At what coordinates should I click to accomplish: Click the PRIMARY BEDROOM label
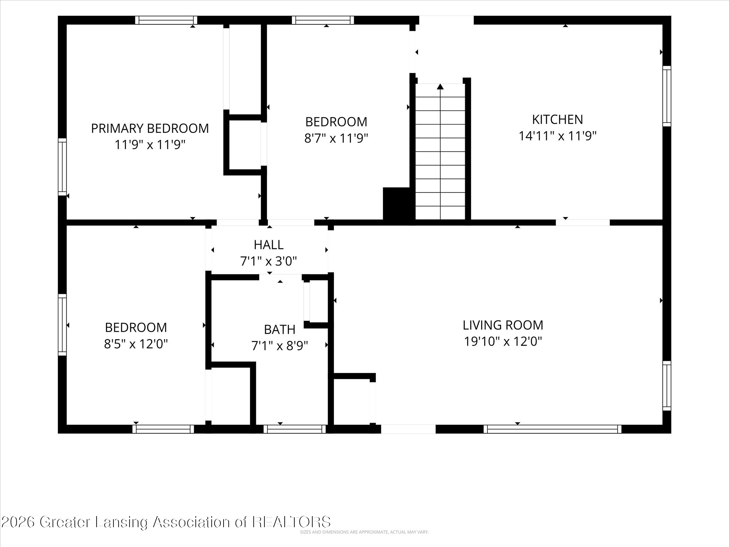tap(150, 128)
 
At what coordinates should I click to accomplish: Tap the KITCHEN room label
tap(558, 119)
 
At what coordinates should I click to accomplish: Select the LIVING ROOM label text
tap(503, 325)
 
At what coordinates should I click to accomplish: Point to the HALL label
tap(269, 245)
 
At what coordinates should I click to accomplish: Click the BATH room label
tap(280, 329)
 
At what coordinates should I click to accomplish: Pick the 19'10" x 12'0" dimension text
tap(503, 342)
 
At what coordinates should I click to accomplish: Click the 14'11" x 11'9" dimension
tap(558, 136)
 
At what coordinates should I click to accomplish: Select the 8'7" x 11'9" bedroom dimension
tap(336, 139)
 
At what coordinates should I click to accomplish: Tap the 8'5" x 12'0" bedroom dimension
tap(136, 344)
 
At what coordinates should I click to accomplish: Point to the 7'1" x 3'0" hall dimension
tap(269, 261)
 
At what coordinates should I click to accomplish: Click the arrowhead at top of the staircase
tap(440, 86)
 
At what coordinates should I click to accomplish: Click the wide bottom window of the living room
tap(553, 429)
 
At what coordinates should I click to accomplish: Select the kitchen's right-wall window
tap(667, 96)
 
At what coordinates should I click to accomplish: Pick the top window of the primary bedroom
tap(166, 20)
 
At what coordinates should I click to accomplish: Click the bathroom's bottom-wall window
tap(295, 429)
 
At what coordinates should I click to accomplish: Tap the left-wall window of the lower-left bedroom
tap(62, 325)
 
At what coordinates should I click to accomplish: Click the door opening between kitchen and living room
tap(583, 223)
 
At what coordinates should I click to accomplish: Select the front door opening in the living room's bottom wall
tap(408, 429)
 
